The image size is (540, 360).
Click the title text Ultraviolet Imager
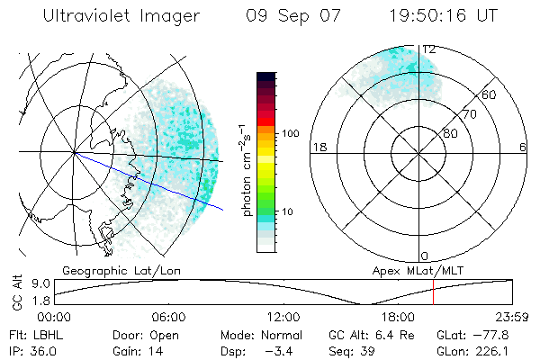[x=128, y=17]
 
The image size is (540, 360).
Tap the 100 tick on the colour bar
[x=292, y=133]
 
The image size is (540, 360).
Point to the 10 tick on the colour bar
[x=289, y=211]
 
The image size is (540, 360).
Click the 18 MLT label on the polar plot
[x=317, y=147]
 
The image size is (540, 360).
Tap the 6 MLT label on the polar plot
[x=523, y=147]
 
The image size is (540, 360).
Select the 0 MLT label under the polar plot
[x=425, y=256]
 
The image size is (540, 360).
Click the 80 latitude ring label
[x=450, y=134]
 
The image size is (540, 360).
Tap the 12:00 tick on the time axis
[x=283, y=317]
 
